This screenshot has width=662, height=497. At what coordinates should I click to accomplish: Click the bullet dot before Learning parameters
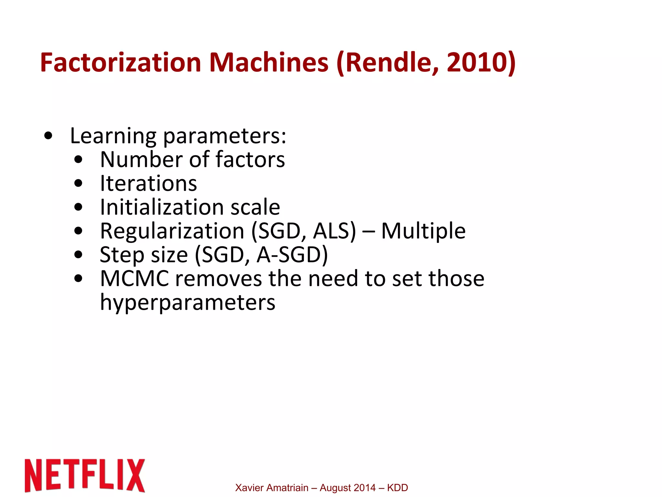[x=48, y=136]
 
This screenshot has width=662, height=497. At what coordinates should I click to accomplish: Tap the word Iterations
[x=148, y=183]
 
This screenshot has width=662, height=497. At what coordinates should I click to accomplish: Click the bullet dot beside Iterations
[x=78, y=183]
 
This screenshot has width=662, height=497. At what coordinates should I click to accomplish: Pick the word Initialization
[x=162, y=207]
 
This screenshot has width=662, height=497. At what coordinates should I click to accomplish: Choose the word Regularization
[x=172, y=231]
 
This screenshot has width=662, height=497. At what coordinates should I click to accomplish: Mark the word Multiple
[x=423, y=231]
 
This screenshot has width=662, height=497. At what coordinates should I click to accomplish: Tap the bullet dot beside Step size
[x=78, y=255]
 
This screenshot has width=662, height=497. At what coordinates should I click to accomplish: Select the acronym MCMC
[x=134, y=278]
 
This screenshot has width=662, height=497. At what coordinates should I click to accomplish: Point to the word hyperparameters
[x=187, y=302]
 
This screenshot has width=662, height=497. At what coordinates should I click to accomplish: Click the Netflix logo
[x=85, y=475]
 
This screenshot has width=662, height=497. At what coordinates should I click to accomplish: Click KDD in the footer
[x=397, y=488]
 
